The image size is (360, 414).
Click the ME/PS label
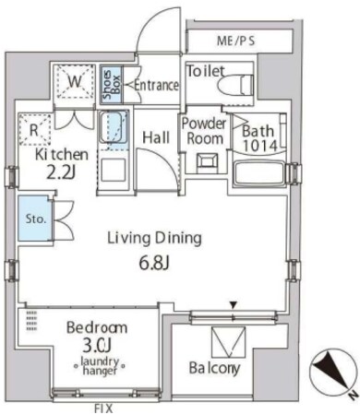click(236, 41)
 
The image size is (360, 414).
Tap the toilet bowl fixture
click(235, 84)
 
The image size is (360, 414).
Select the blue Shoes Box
click(112, 85)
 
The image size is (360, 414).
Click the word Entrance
click(156, 85)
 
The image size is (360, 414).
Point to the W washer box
click(75, 81)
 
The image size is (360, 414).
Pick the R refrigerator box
click(34, 129)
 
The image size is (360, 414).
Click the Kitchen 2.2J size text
click(61, 173)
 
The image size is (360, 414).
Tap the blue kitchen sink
click(114, 131)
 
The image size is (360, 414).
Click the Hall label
click(156, 137)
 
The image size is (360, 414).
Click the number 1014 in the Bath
click(260, 145)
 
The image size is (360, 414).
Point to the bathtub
click(260, 173)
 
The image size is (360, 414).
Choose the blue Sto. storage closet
click(35, 219)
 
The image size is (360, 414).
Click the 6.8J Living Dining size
click(154, 264)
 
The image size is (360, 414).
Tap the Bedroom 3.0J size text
click(97, 347)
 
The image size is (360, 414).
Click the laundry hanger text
click(100, 366)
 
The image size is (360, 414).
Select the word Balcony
click(214, 368)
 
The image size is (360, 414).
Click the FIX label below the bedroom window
click(103, 408)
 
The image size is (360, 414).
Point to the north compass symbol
click(334, 373)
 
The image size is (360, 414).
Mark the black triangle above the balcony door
click(234, 305)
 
